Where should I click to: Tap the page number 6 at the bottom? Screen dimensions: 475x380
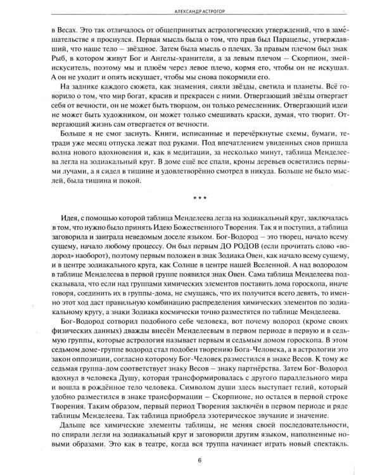click(x=190, y=461)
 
